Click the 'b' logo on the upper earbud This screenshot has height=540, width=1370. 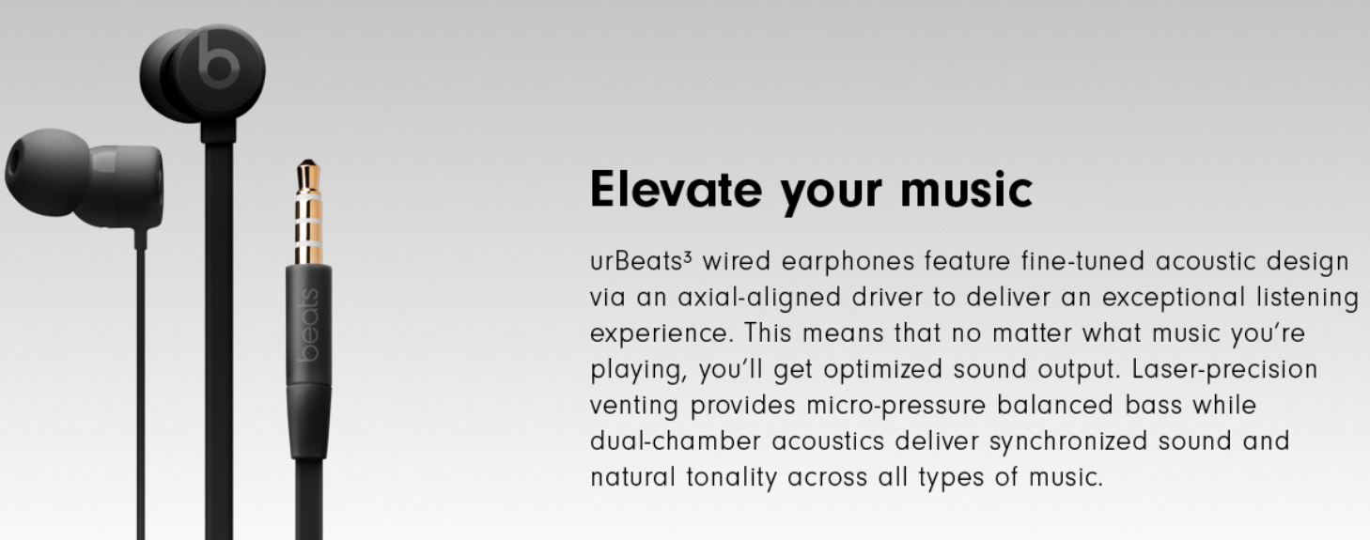coord(218,60)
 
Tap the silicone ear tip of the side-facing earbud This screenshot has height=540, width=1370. coord(46,172)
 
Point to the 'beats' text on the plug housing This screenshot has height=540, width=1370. coord(309,325)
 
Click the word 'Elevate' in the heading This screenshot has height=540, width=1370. coord(676,191)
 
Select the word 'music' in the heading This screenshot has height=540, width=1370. coord(966,191)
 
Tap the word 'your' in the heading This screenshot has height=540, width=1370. coord(832,194)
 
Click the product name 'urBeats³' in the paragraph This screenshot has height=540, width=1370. coord(641,261)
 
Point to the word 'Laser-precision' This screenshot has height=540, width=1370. coord(1224,370)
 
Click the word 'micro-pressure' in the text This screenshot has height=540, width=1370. coord(896,406)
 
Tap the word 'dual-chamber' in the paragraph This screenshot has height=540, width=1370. coord(676,441)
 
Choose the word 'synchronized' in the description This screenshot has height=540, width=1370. coord(1067,442)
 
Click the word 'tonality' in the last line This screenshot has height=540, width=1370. coord(731,478)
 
